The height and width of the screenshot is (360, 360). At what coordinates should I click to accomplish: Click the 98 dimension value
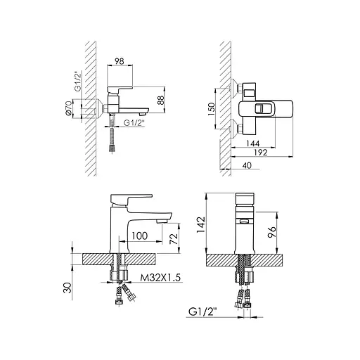(x=120, y=61)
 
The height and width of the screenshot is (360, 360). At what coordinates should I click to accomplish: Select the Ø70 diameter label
(x=68, y=108)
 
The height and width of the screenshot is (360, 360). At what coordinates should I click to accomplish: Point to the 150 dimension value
(x=211, y=108)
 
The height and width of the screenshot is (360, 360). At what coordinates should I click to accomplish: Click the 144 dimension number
(x=252, y=143)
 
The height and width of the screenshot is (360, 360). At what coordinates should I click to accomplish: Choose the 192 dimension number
(x=261, y=153)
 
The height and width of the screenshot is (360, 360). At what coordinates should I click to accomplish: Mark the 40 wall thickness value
(x=247, y=165)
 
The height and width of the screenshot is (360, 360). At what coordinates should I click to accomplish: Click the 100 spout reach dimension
(x=139, y=236)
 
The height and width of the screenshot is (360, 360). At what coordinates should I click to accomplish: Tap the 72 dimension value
(x=174, y=238)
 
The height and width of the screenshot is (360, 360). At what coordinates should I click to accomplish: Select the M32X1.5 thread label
(x=160, y=278)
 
